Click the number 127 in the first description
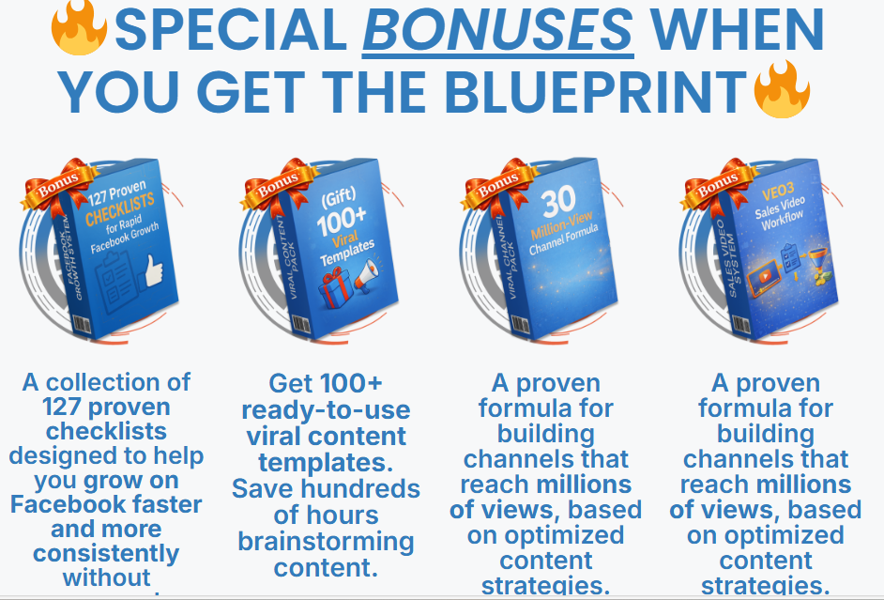[x=67, y=407]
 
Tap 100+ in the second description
[x=353, y=383]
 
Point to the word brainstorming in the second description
[x=326, y=542]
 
